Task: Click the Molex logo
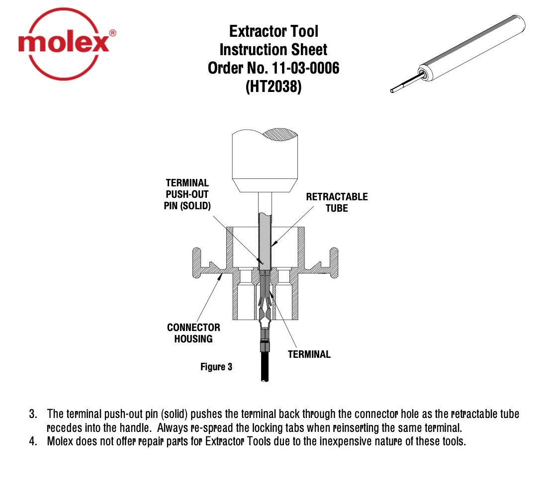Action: pyautogui.click(x=63, y=44)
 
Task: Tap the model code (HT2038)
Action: pyautogui.click(x=273, y=87)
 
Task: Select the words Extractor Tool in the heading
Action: pyautogui.click(x=273, y=31)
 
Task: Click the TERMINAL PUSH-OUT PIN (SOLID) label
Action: pyautogui.click(x=187, y=194)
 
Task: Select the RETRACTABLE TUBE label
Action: pyautogui.click(x=337, y=202)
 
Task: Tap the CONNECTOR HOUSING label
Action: pyautogui.click(x=193, y=333)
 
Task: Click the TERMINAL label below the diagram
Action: pyautogui.click(x=309, y=354)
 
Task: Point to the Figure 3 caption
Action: pyautogui.click(x=216, y=367)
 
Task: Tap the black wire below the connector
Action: pyautogui.click(x=264, y=368)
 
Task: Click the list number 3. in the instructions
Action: pyautogui.click(x=33, y=414)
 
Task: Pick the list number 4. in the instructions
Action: pyautogui.click(x=33, y=442)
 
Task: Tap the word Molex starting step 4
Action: pyautogui.click(x=59, y=442)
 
